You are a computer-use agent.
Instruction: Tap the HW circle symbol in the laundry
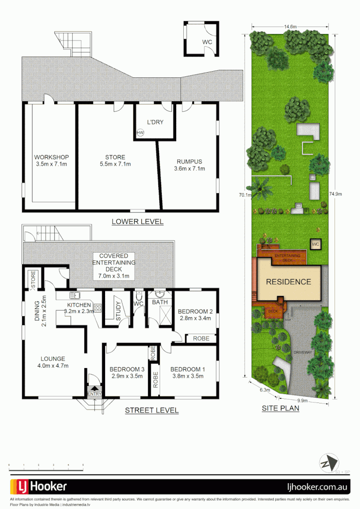pos(140,133)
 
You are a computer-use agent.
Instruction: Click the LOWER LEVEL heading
pos(138,222)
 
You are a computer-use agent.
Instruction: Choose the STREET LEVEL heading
pos(152,410)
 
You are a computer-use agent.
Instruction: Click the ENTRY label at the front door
pos(94,394)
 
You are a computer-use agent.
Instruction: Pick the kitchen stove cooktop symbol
pos(98,308)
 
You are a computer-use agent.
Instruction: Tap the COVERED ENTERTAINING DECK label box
pos(114,266)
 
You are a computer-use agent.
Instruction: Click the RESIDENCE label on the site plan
pos(289,282)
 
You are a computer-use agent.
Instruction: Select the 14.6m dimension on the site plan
pos(290,27)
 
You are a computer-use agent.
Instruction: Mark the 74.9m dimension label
pos(335,194)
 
